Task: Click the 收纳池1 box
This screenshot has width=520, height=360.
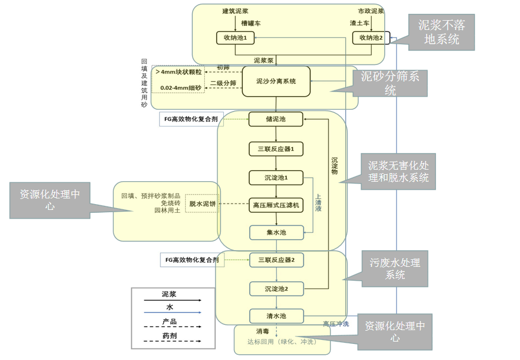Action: click(x=235, y=38)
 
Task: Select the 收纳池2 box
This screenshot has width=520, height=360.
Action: click(x=371, y=38)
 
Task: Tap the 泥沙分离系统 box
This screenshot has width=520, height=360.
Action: click(x=276, y=82)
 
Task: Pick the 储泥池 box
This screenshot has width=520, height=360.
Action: click(x=276, y=120)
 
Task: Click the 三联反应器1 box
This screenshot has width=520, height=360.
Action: click(x=276, y=149)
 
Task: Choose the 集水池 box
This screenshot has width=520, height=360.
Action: click(x=276, y=232)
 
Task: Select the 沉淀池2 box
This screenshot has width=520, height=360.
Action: click(x=276, y=288)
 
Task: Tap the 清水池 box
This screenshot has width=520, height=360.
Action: click(x=276, y=316)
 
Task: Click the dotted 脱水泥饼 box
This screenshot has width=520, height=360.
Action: click(x=203, y=204)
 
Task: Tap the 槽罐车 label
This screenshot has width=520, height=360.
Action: click(x=251, y=24)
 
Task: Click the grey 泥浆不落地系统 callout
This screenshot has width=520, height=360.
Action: click(x=441, y=33)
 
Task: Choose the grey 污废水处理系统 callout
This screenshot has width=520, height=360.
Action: click(x=394, y=269)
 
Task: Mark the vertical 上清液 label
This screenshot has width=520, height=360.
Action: click(x=318, y=202)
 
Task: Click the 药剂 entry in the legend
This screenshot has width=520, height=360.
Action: click(x=169, y=335)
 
